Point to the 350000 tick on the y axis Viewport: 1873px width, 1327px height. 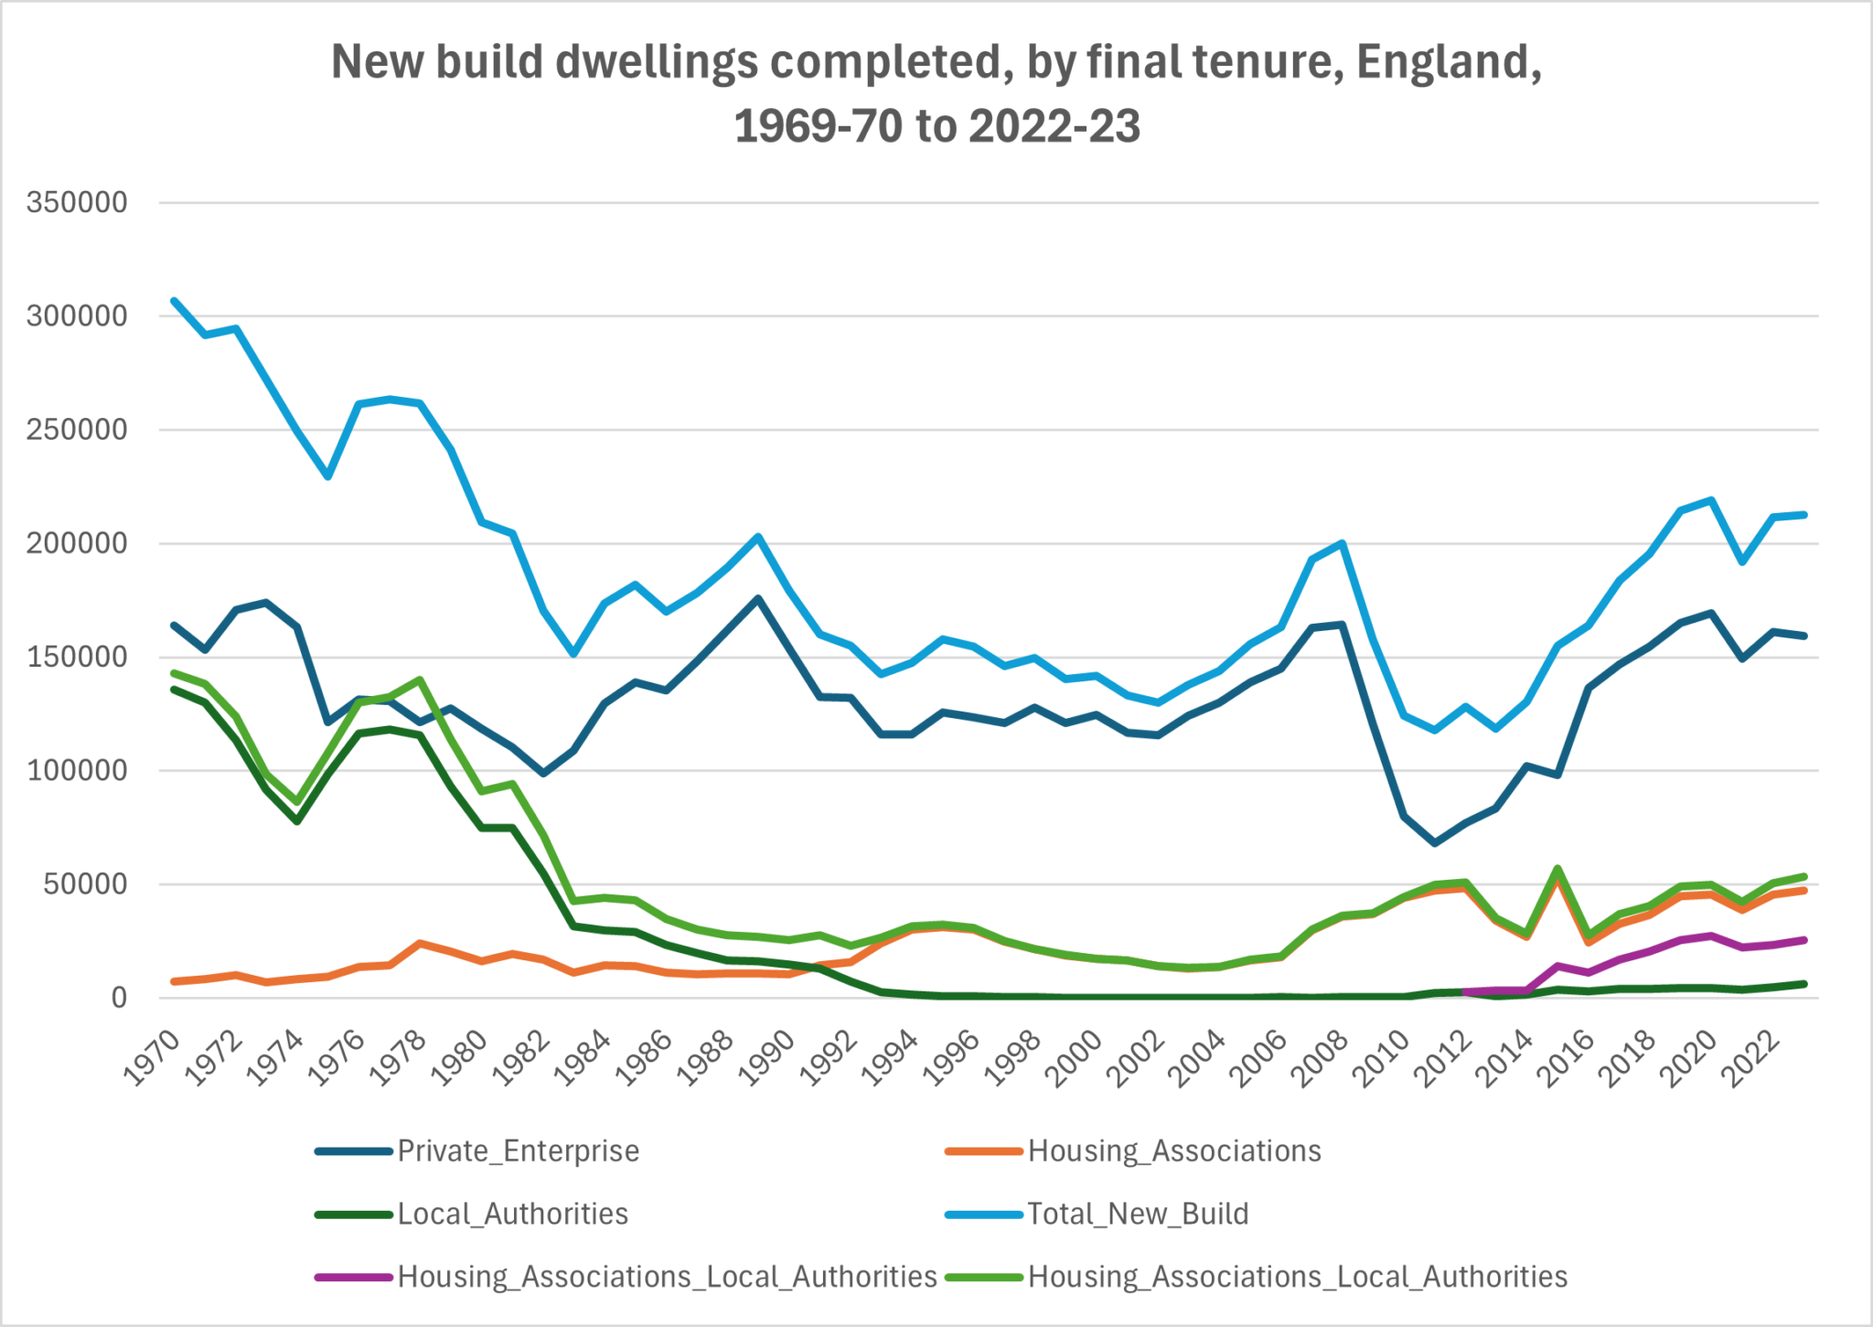pos(77,203)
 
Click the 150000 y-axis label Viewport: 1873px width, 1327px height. pos(77,658)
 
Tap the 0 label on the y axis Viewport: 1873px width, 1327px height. pos(119,998)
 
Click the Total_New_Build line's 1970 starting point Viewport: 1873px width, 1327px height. pos(174,300)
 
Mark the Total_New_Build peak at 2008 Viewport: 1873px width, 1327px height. pos(1342,543)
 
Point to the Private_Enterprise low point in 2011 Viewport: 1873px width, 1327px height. pos(1434,843)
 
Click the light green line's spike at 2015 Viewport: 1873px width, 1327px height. pos(1557,868)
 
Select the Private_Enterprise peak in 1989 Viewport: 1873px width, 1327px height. pos(758,598)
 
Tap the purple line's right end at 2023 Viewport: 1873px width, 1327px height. pos(1803,939)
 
